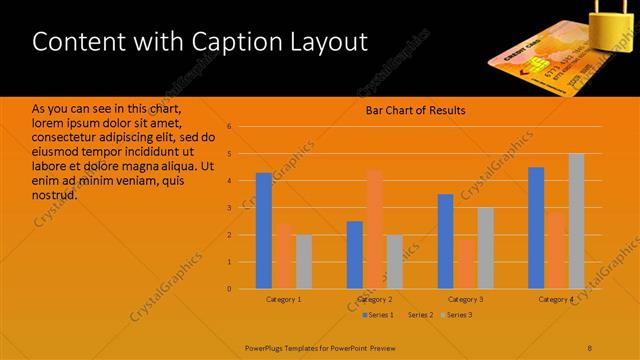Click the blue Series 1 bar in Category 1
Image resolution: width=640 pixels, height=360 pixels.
tap(264, 231)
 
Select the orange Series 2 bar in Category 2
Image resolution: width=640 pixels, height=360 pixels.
tap(374, 229)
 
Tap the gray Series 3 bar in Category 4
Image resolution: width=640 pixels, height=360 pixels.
tap(576, 221)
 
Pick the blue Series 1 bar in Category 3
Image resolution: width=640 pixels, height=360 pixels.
tap(446, 241)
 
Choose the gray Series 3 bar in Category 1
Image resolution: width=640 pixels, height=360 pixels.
tap(303, 262)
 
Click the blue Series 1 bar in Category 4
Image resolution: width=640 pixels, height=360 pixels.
tap(537, 228)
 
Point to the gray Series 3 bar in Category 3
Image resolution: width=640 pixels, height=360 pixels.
tap(485, 248)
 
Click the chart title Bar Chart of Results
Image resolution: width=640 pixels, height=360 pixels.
tap(415, 110)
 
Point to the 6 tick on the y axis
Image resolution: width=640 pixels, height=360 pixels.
tap(229, 127)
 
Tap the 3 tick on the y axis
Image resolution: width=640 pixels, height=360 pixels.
tap(229, 208)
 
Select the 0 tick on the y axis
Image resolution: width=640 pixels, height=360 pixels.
tap(229, 289)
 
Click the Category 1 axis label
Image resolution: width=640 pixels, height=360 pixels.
tap(284, 299)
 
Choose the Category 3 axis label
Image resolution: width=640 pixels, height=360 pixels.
tap(465, 299)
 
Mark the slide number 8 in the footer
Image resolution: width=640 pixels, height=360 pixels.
tap(590, 347)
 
